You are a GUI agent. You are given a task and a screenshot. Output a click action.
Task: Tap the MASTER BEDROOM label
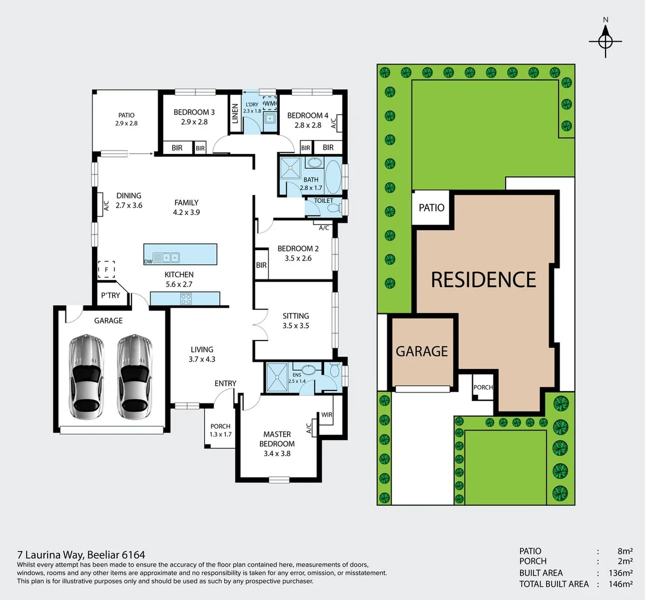(x=277, y=439)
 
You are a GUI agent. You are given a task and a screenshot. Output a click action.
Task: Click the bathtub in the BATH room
(x=333, y=176)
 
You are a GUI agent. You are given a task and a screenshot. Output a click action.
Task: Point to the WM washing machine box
(x=270, y=104)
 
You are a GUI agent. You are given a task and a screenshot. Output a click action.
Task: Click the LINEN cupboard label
(x=235, y=114)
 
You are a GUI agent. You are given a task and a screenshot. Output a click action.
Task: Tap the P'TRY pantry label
(x=110, y=296)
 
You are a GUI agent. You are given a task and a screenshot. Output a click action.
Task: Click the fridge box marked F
(x=106, y=270)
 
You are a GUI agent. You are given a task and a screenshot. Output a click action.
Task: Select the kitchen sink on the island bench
(x=167, y=257)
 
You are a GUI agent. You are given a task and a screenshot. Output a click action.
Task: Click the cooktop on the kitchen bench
(x=185, y=299)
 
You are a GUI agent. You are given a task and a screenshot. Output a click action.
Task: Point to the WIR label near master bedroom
(x=326, y=415)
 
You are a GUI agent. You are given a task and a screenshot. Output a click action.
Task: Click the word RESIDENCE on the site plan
(x=483, y=279)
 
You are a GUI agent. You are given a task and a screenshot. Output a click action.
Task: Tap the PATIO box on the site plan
(x=431, y=208)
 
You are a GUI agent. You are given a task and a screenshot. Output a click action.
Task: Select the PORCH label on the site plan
(x=483, y=387)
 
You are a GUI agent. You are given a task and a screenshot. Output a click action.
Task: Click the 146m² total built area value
(x=619, y=584)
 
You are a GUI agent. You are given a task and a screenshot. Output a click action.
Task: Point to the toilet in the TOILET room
(x=333, y=208)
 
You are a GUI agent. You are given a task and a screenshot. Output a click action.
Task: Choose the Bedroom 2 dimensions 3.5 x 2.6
(x=298, y=258)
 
